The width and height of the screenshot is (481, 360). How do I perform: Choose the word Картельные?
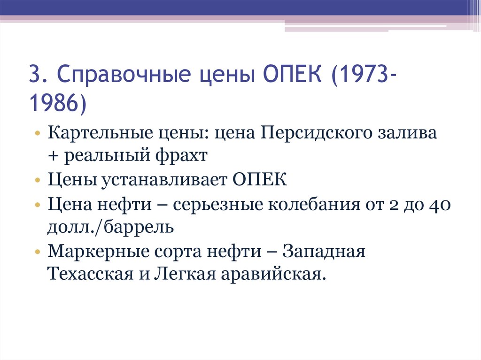coord(96,134)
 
